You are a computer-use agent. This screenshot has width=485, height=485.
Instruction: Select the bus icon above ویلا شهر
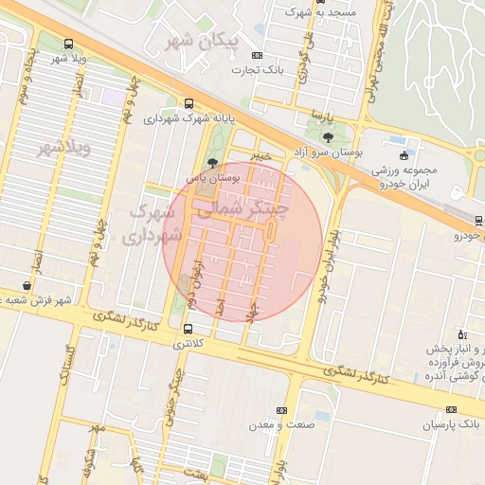tap(68, 44)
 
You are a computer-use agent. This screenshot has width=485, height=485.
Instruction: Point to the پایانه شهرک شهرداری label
tap(189, 119)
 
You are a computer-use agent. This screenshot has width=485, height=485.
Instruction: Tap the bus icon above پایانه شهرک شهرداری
tap(189, 104)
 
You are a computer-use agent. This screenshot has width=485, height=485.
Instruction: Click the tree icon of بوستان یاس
tap(211, 162)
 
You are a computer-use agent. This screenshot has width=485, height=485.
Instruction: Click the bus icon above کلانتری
tap(188, 330)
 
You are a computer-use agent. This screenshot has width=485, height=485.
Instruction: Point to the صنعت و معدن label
tap(280, 424)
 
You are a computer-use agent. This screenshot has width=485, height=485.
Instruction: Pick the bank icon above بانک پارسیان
tap(451, 410)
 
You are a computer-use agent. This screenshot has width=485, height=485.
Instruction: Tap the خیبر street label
tap(262, 154)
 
